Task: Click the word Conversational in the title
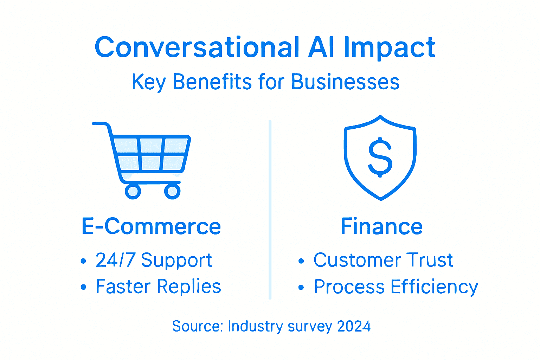197,47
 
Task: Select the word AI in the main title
321,47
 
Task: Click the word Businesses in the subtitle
345,82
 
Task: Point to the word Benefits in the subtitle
212,82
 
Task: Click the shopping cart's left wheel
133,191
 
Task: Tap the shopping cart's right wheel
172,191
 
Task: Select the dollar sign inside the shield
380,157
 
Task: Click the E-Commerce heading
151,226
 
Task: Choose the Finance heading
381,226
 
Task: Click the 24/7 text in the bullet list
115,260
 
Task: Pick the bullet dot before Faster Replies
83,287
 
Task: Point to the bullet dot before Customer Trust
301,261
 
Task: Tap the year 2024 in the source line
354,326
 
